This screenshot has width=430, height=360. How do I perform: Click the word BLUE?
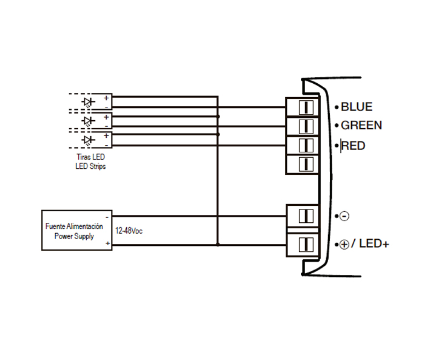[x=356, y=107]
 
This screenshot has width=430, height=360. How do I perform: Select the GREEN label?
[x=361, y=126]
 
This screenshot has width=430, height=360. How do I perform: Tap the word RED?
[x=354, y=146]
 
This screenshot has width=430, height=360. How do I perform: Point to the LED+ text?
[x=372, y=244]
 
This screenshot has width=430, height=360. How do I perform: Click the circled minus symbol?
[x=343, y=216]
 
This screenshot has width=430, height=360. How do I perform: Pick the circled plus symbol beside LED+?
[x=344, y=245]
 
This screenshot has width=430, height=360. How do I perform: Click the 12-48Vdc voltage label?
[x=129, y=231]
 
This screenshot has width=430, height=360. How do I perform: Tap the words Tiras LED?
[x=90, y=157]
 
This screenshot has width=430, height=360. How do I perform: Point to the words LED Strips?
[x=90, y=166]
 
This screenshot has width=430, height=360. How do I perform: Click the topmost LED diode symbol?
[x=89, y=101]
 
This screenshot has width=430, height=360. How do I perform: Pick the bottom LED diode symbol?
[x=89, y=141]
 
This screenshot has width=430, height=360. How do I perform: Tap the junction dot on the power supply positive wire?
[x=218, y=245]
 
